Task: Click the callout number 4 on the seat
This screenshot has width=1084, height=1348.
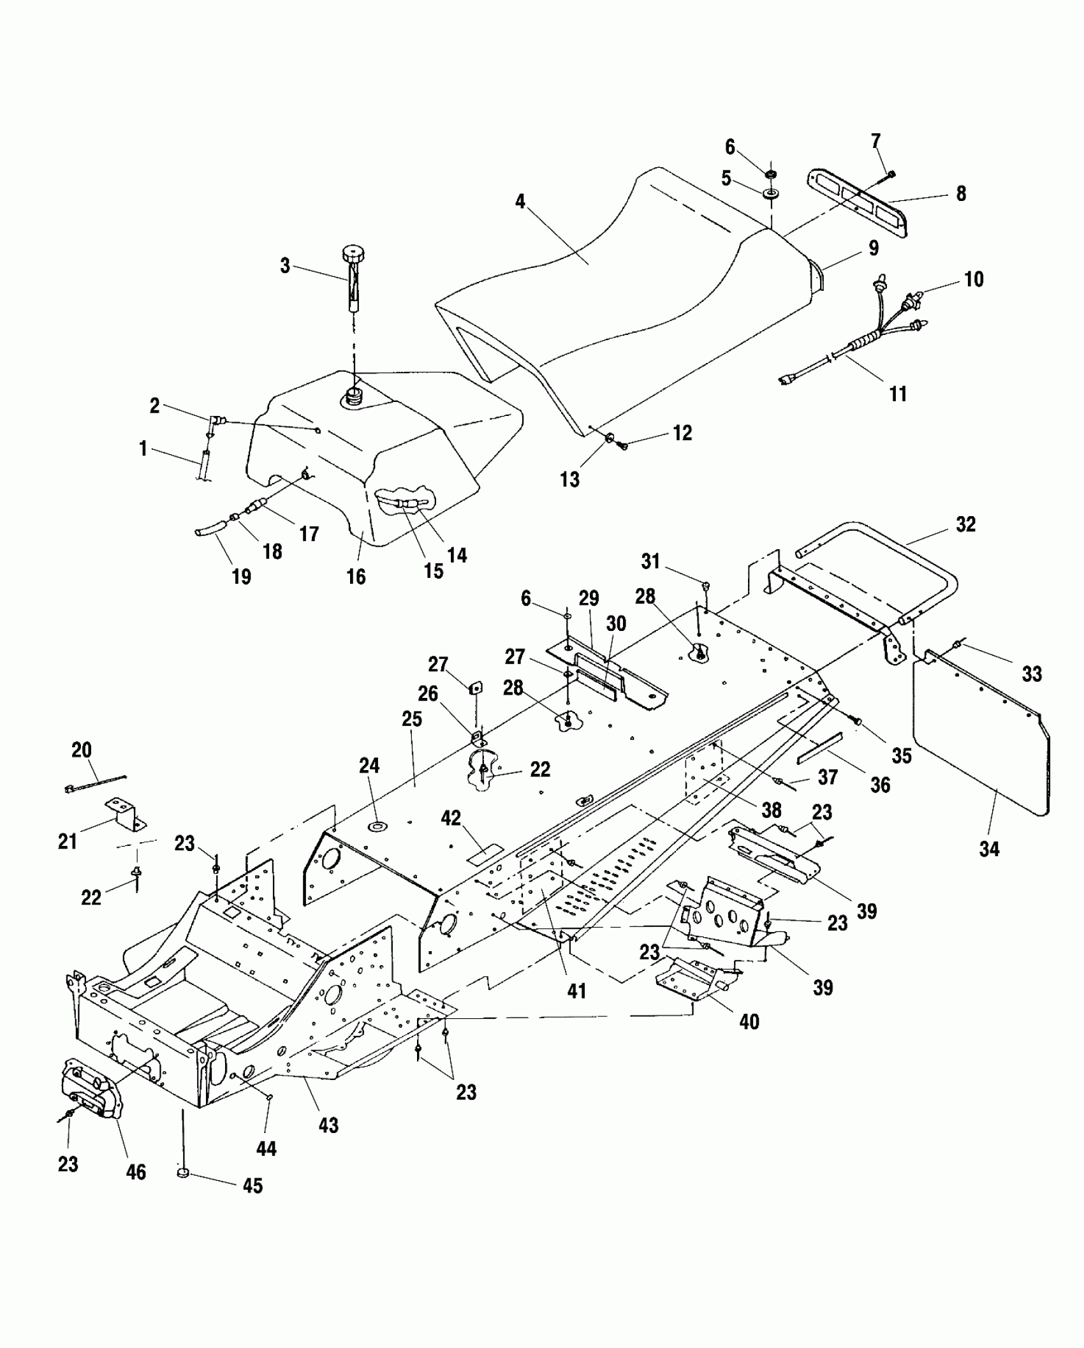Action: [520, 202]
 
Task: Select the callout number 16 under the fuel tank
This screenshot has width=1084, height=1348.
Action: [356, 577]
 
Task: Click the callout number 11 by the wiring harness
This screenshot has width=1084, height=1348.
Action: [898, 394]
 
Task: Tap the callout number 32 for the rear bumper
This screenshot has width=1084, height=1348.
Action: [966, 524]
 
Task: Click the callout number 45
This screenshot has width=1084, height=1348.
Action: [253, 1186]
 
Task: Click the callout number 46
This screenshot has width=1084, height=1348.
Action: [136, 1172]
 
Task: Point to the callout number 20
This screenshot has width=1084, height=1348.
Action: [81, 750]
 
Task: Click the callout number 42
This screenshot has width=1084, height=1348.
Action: [451, 818]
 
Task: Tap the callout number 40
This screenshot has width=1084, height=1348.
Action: [749, 1021]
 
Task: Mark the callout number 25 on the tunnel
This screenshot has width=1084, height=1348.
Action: [412, 719]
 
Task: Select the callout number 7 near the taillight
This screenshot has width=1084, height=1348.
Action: [875, 141]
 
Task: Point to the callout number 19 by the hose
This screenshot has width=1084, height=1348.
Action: [241, 577]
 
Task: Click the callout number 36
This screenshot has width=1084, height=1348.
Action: [880, 785]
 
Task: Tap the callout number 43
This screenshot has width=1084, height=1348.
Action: [328, 1125]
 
